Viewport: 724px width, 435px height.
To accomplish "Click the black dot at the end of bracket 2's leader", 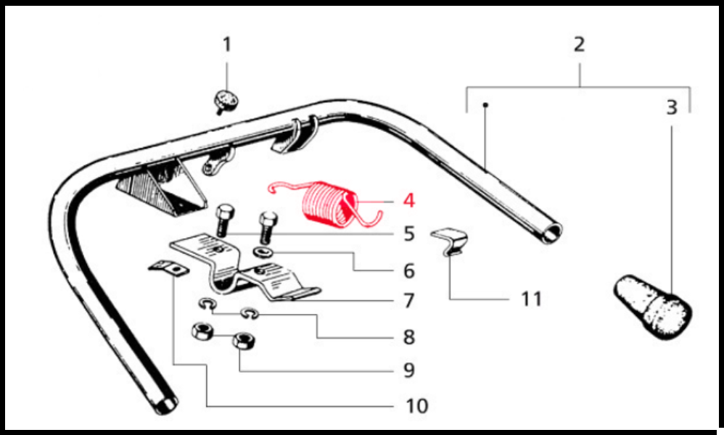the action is tap(485, 105).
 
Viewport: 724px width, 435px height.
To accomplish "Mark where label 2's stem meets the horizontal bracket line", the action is tap(580, 87).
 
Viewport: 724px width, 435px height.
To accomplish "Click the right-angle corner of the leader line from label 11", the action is tap(450, 299).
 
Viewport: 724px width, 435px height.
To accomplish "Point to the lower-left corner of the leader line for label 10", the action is tap(207, 407).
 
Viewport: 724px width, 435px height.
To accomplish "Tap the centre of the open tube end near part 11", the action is tap(551, 233).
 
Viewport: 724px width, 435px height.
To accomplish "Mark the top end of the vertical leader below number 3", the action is tap(671, 126).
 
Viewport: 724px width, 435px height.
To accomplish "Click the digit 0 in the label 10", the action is tap(422, 406).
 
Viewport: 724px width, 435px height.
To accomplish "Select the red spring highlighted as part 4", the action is tap(326, 204).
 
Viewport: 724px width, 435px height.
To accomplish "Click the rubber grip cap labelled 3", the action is tap(653, 307).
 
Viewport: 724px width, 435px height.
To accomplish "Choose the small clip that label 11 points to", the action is tap(450, 241).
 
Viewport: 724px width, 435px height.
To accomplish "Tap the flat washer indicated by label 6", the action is tap(263, 253).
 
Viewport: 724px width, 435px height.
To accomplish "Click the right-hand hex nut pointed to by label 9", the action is tap(244, 341).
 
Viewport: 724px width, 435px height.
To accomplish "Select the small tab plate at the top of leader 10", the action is tap(168, 268).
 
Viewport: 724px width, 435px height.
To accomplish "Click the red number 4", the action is tap(408, 201).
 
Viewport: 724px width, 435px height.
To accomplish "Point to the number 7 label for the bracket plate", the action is tap(408, 301).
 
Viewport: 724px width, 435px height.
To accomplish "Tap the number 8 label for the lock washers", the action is tap(409, 336).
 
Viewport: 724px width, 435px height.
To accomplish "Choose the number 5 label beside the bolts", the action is tap(409, 233).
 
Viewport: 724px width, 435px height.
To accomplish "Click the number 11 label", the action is tap(531, 299).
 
